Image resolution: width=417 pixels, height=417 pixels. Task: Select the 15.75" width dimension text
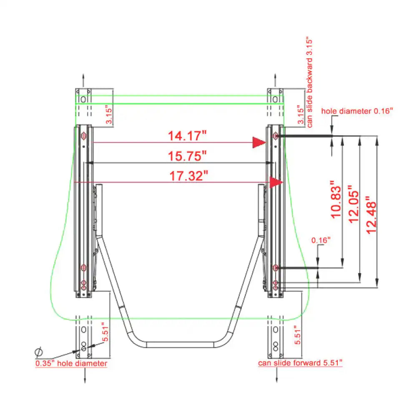pos(187,156)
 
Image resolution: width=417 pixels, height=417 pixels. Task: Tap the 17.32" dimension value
pos(188,176)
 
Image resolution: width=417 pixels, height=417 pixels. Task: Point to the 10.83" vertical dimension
pos(336,199)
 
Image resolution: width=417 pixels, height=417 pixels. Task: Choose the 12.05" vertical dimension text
pos(354,204)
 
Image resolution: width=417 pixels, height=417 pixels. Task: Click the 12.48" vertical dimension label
pos(371,215)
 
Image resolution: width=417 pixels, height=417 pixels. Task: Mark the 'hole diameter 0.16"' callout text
pos(357,111)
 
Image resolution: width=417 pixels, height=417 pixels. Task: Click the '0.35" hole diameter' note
pos(71,363)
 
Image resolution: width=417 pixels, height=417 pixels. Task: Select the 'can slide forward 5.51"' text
pos(300,363)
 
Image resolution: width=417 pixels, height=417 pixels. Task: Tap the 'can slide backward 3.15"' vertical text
pos(309,82)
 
